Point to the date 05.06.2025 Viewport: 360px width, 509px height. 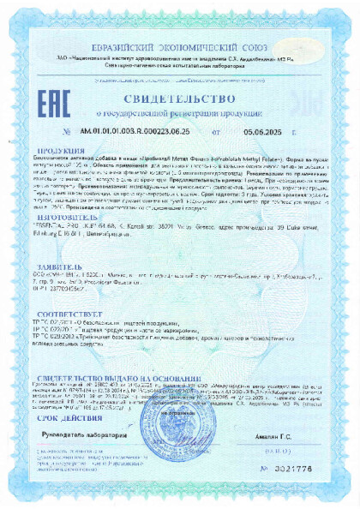261,132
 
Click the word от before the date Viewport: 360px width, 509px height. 216,132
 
